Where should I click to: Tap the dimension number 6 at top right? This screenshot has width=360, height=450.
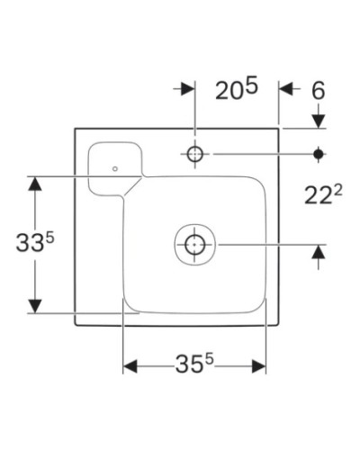point(318,89)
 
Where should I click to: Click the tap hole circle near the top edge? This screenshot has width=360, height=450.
point(194,154)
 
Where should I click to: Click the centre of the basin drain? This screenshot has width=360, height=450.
point(194,243)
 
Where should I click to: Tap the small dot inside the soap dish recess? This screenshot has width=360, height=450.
point(115,167)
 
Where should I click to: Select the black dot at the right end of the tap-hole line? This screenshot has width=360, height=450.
point(318,154)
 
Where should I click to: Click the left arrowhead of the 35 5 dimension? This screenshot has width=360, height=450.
point(130,365)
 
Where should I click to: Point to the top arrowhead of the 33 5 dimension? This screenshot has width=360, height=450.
point(34,184)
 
